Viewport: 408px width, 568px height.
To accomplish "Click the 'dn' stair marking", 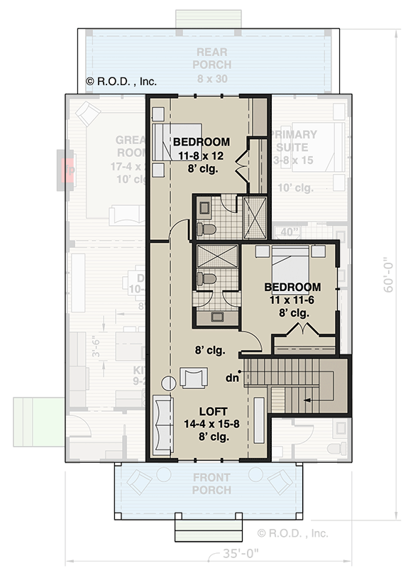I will tap(231, 378).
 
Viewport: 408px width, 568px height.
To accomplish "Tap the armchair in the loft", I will tap(194, 377).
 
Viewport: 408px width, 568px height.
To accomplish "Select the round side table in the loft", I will tap(168, 383).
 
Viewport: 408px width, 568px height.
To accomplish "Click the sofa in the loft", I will tap(162, 426).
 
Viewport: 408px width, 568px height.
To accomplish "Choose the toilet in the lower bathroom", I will tap(206, 278).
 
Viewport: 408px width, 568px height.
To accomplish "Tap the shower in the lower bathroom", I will tap(216, 256).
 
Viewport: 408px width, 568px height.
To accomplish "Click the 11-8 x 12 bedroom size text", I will tap(202, 155).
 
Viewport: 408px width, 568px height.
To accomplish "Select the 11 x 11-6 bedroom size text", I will tap(292, 300).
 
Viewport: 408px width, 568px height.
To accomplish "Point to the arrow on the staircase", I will tap(307, 400).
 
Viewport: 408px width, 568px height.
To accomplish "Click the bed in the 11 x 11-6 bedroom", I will tap(290, 266).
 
